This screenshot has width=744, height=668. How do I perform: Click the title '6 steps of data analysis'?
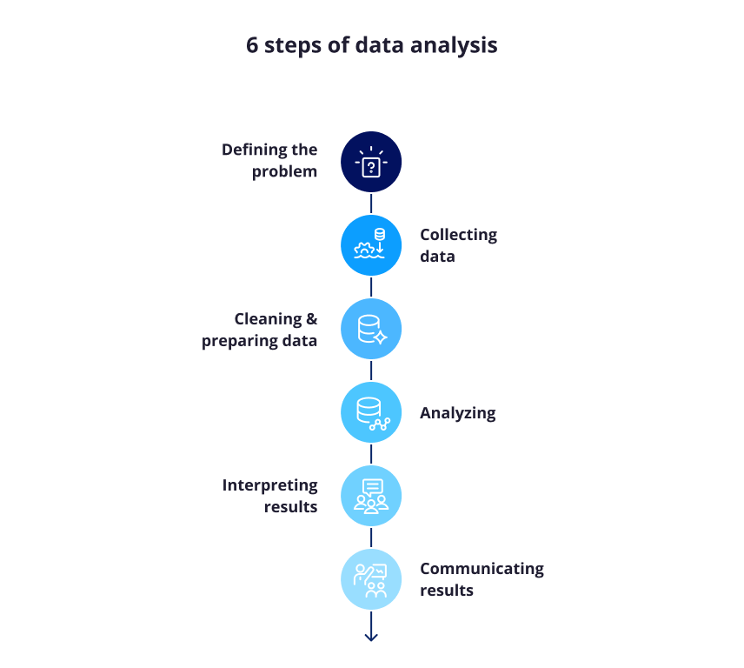tap(371, 46)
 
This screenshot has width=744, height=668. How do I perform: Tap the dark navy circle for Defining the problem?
tap(371, 162)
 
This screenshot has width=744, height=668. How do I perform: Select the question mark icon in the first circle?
tap(371, 166)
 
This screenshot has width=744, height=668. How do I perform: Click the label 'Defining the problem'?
tap(269, 161)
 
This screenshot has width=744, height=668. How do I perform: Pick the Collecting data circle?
tap(371, 245)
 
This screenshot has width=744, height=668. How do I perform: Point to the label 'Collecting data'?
tap(458, 245)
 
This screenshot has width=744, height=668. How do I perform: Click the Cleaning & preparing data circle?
tap(371, 329)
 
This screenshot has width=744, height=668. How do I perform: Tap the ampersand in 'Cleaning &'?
tap(311, 319)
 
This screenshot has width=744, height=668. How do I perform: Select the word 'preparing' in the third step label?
tap(239, 341)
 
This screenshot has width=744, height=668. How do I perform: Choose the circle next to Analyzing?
tap(371, 412)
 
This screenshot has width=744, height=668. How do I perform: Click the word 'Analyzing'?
tap(457, 413)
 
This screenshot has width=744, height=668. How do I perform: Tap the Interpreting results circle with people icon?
tap(371, 496)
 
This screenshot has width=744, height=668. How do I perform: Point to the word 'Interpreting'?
tap(269, 485)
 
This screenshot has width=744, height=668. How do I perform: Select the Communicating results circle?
tap(371, 579)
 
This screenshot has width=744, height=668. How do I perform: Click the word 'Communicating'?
tap(482, 569)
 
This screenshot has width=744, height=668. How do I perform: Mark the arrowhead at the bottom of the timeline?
tap(371, 637)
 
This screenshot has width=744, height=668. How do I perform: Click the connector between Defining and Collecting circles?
tap(371, 204)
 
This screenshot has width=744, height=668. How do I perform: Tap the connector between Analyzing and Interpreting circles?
tap(371, 454)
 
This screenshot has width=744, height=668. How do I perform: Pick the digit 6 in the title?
tap(252, 46)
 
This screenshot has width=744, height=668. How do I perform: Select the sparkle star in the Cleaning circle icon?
tap(380, 337)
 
